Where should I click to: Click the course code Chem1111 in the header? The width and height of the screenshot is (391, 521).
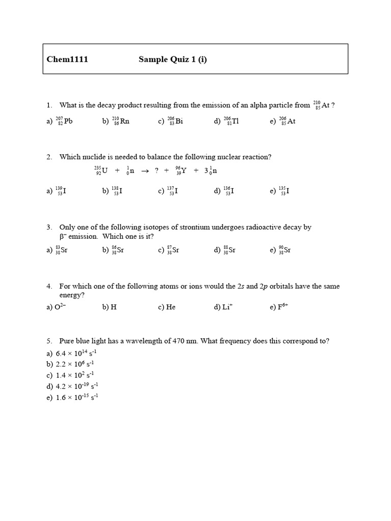click(67, 60)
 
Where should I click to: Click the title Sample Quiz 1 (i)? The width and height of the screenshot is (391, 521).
click(173, 60)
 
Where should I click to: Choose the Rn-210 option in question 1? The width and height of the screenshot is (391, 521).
click(121, 122)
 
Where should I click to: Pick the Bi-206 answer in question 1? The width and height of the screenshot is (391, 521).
click(175, 122)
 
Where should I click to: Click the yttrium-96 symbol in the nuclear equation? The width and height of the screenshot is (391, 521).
click(181, 170)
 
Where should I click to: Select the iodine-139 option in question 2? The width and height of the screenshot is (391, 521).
click(61, 191)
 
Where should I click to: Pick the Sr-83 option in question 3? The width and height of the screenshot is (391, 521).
click(62, 250)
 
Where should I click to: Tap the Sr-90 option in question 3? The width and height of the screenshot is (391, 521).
click(285, 250)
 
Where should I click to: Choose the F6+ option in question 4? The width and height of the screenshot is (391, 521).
click(283, 307)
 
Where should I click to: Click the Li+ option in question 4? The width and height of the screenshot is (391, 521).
click(227, 307)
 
